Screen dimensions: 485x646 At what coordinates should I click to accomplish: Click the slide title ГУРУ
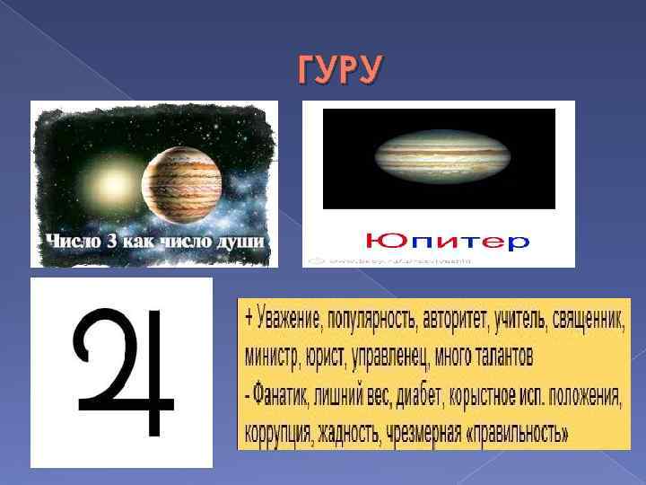[x=339, y=71]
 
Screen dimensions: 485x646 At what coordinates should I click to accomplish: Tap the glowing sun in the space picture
[x=115, y=186]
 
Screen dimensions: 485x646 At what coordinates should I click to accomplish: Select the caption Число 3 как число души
[x=155, y=241]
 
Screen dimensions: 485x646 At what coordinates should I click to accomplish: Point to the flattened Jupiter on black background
[x=438, y=158]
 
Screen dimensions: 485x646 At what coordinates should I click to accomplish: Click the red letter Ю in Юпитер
[x=379, y=241]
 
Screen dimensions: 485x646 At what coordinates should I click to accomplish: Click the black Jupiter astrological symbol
[x=123, y=371]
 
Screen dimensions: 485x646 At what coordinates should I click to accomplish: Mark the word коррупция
[x=278, y=435]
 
